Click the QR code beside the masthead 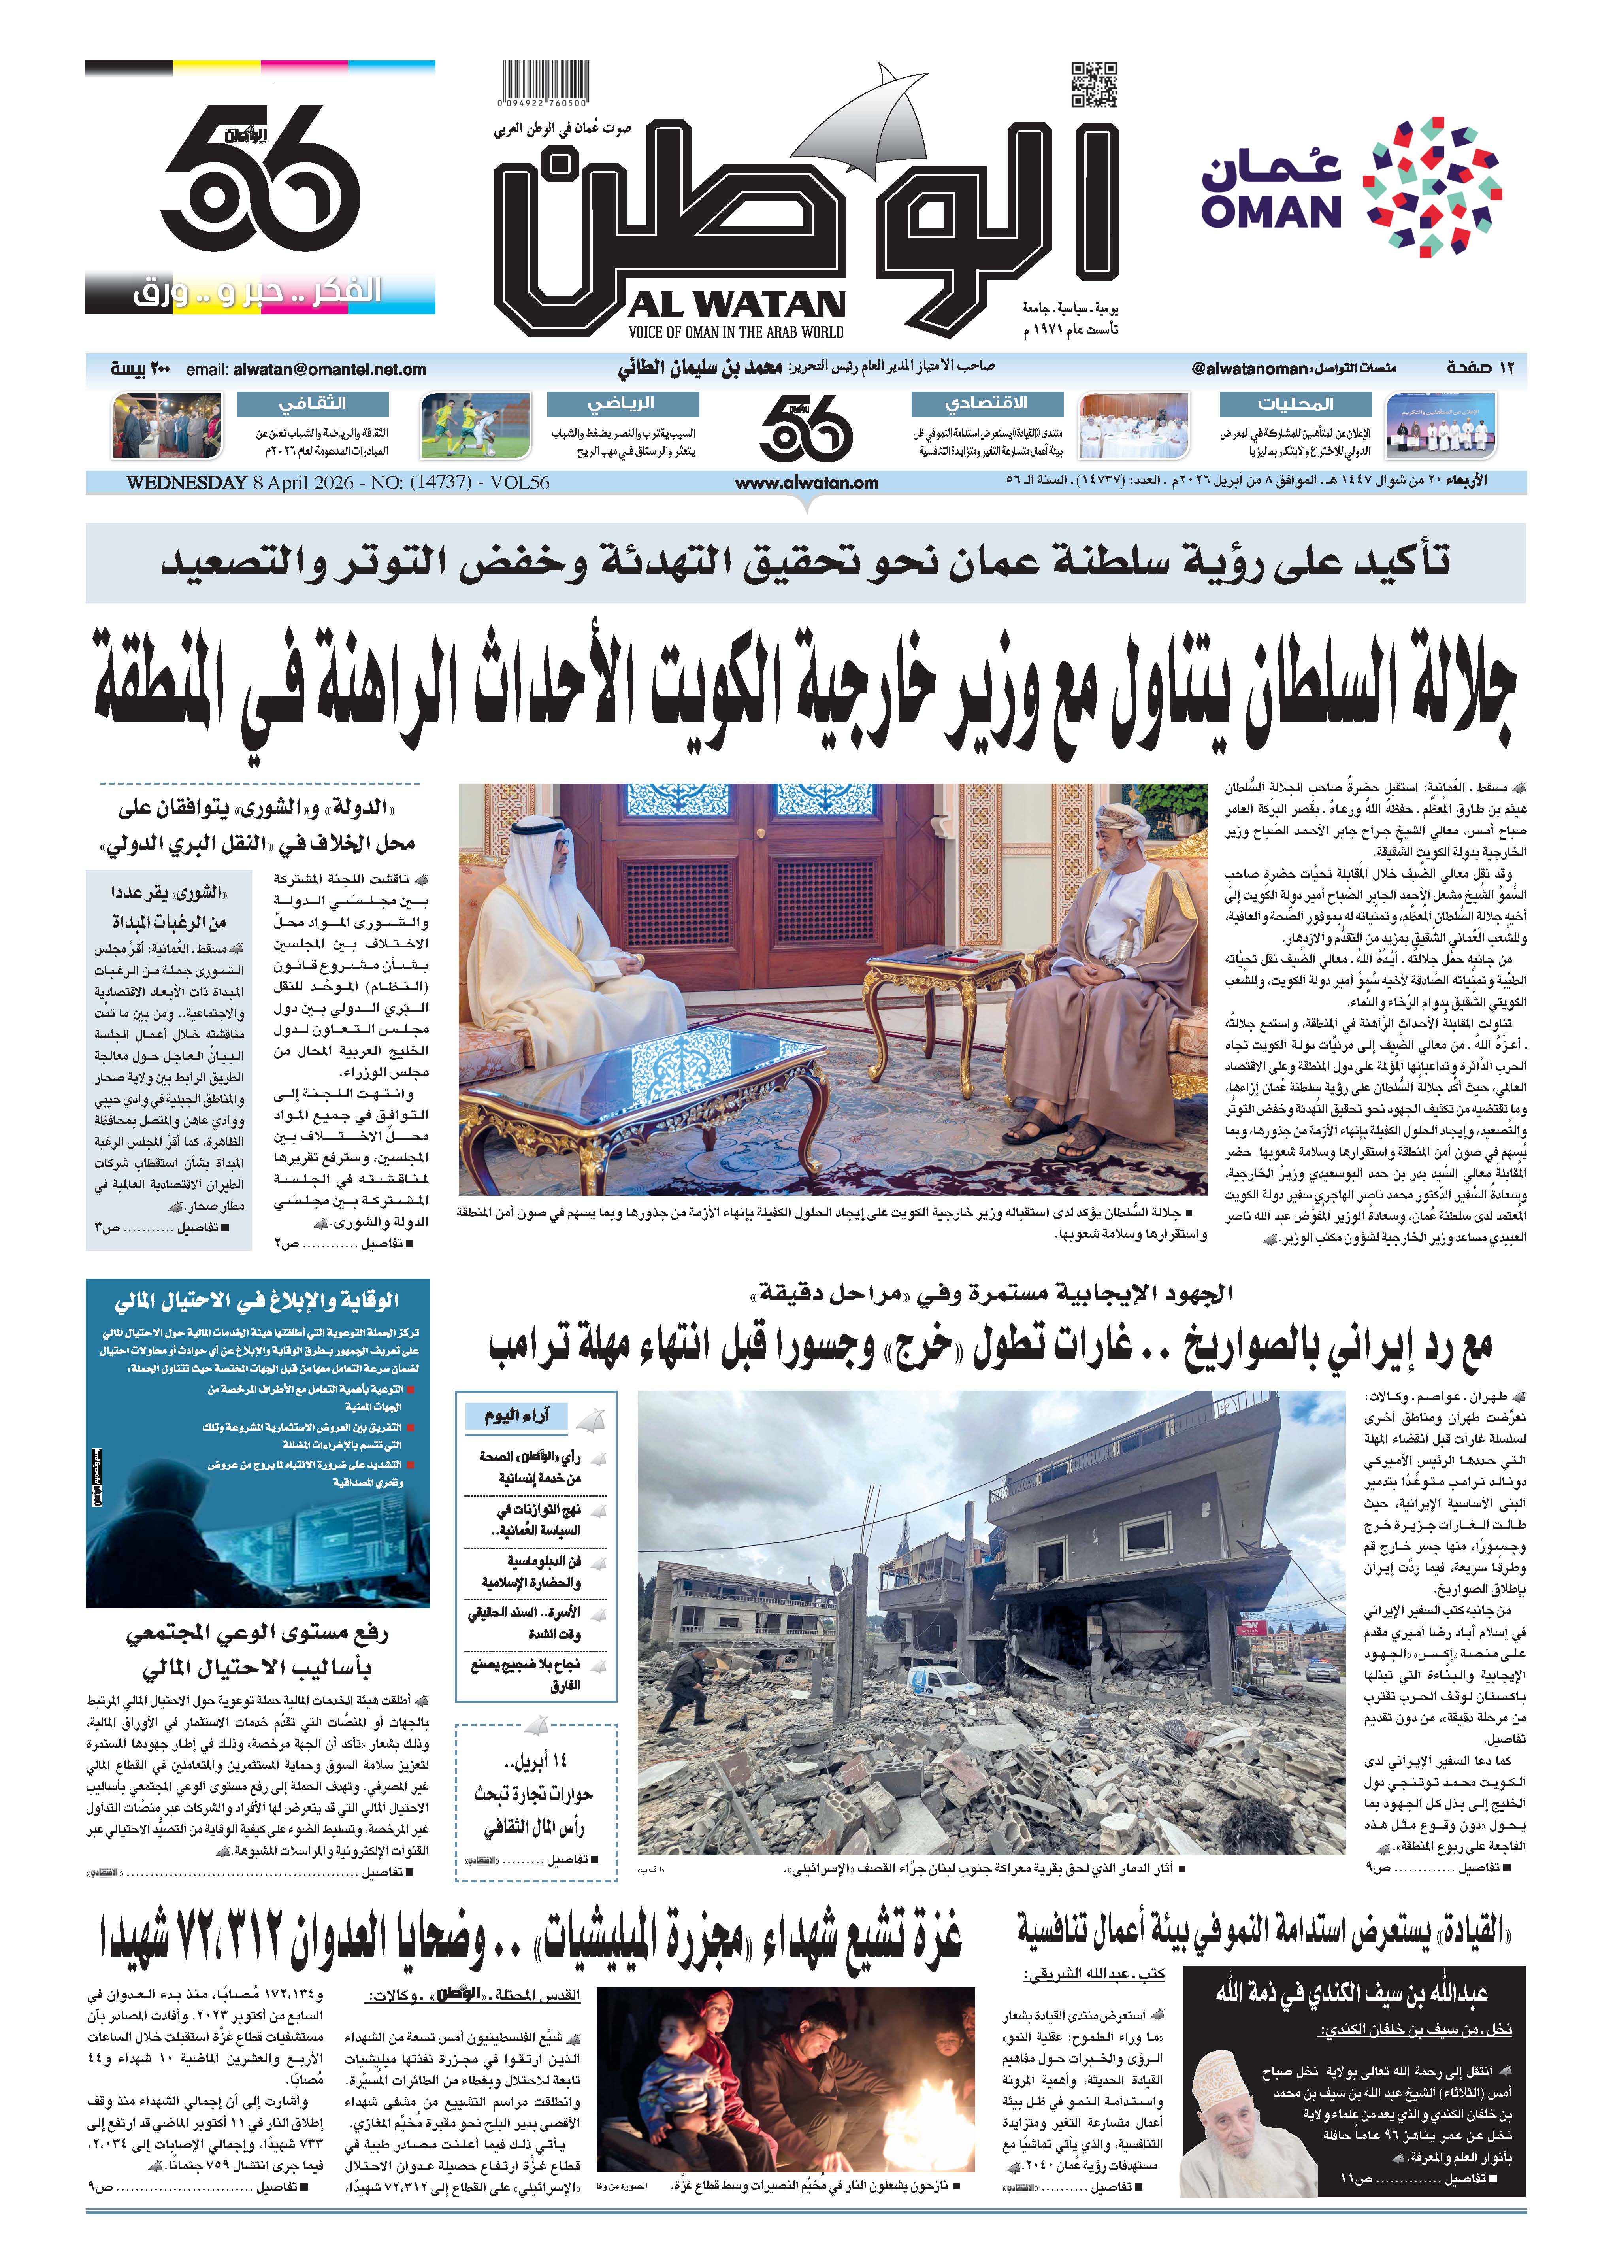click(x=1095, y=85)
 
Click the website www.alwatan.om click(x=806, y=483)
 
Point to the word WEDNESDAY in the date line click(x=186, y=483)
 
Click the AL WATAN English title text click(x=736, y=304)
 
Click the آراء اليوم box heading click(x=516, y=1415)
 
